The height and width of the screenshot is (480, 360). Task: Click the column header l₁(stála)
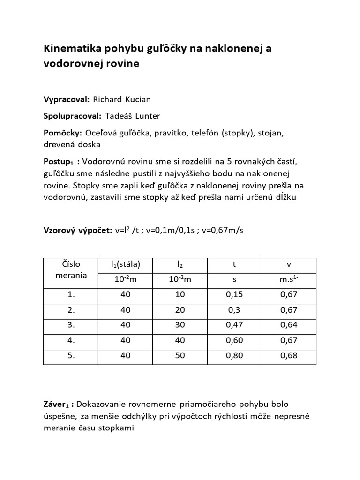tap(125, 264)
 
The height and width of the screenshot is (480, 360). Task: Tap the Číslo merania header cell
tap(71, 270)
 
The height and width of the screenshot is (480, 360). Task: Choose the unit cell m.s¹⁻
tap(289, 280)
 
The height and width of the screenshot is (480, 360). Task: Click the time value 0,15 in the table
tap(234, 295)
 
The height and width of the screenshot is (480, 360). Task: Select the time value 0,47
tap(234, 325)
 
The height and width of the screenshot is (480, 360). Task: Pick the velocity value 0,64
tap(289, 325)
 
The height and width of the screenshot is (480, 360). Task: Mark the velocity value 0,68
tap(289, 355)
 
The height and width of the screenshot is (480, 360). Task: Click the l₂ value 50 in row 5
tap(180, 355)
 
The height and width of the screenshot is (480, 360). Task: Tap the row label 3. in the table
tap(71, 325)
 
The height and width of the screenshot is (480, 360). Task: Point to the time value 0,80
tap(234, 355)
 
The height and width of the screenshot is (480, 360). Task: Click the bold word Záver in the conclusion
tap(56, 404)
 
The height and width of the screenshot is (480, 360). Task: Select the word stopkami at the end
tap(118, 427)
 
